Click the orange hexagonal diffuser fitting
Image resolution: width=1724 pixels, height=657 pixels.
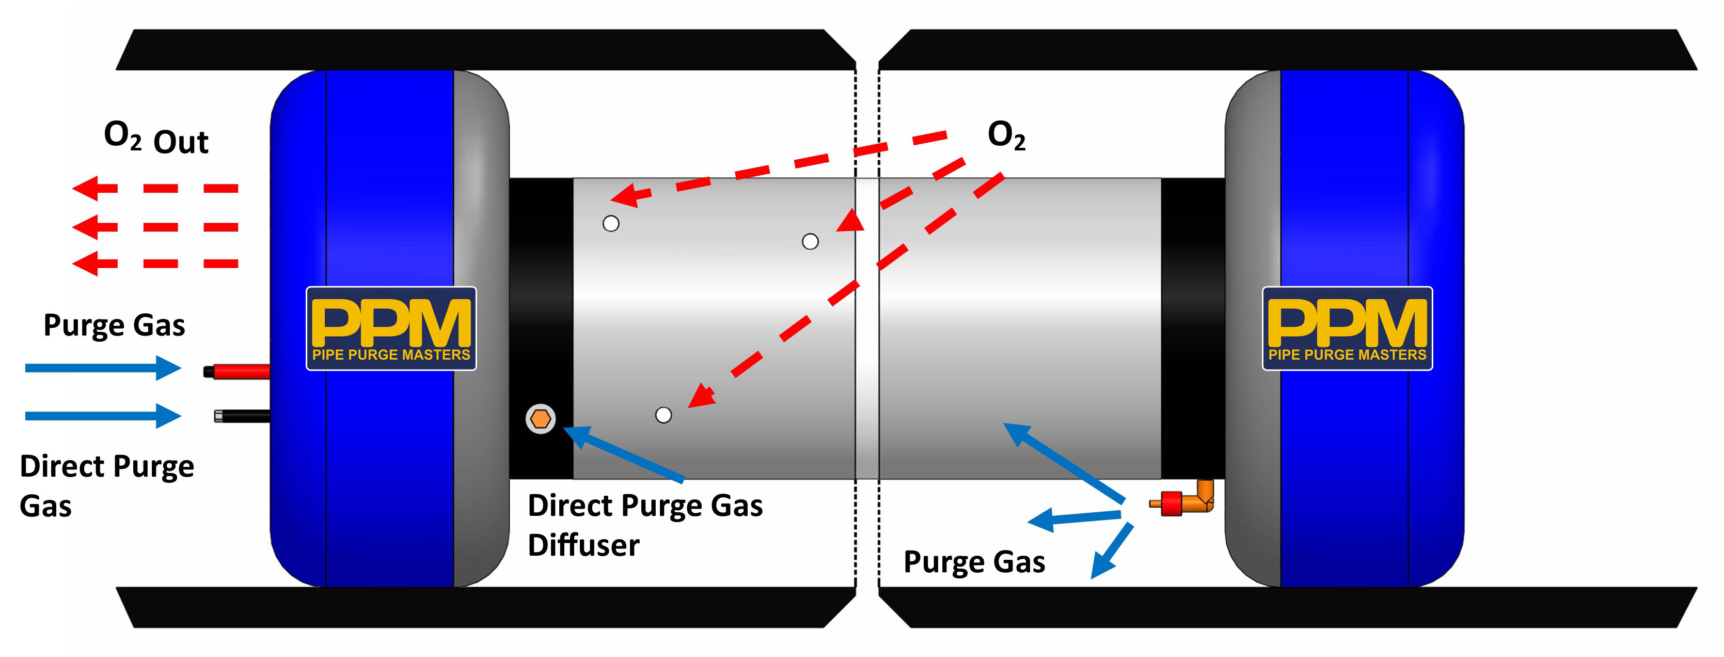(540, 419)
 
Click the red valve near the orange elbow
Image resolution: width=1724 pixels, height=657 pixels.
(1171, 503)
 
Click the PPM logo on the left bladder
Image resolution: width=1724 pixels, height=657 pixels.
(391, 328)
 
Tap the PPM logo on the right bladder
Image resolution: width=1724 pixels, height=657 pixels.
(1347, 328)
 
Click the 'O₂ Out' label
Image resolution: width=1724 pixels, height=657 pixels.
(156, 139)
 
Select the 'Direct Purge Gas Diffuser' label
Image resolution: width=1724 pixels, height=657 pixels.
(644, 525)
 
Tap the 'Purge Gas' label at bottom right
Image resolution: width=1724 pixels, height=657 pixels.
(974, 562)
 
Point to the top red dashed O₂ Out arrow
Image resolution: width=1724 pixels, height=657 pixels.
(154, 188)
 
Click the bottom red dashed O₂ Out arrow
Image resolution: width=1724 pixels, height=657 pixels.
(154, 263)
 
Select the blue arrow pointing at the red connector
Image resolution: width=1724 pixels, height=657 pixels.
(102, 368)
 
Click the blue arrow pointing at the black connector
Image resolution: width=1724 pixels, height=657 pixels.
(102, 416)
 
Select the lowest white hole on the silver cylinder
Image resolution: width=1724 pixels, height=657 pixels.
(663, 415)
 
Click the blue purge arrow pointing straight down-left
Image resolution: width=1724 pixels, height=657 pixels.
(1111, 551)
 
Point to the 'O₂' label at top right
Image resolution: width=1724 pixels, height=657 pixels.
(1006, 136)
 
